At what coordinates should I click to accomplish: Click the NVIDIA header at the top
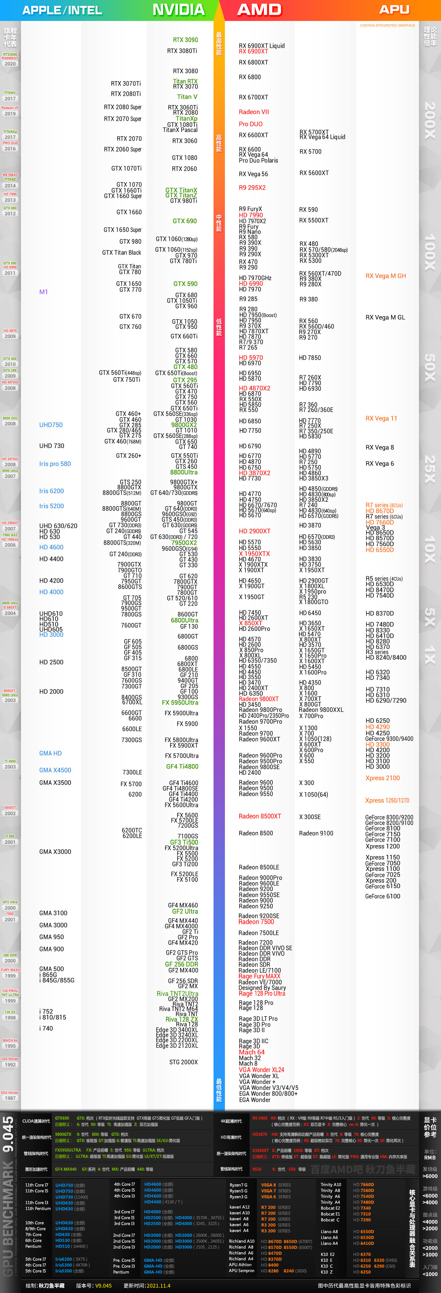coord(178,10)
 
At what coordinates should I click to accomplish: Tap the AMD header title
coord(259,10)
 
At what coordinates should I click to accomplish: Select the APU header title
coord(394,10)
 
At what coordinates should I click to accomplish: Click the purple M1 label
coord(44,292)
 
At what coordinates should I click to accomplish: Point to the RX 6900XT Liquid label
coord(261,46)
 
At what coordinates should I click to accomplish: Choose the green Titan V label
coord(187,97)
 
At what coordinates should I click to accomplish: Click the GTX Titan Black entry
coord(122,252)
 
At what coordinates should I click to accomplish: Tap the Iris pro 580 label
coord(55,464)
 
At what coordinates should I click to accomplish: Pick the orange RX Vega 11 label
coord(381,418)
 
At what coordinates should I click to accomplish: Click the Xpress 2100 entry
coord(382,778)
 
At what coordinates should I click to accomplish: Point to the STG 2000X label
coord(183,1062)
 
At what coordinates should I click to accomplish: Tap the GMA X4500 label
coord(55,770)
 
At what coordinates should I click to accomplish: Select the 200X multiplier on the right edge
coord(430,120)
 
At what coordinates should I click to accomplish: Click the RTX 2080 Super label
coord(122,107)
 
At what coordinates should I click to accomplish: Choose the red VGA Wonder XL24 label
coord(261,1070)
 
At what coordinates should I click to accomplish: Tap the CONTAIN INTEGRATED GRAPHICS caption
coord(387,25)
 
